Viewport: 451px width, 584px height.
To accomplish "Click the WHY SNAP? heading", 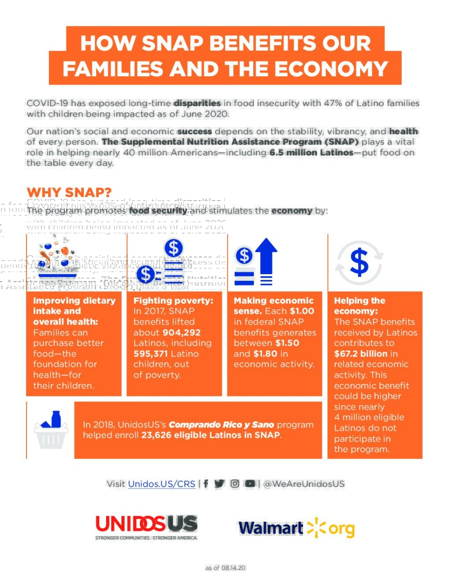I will click(69, 192).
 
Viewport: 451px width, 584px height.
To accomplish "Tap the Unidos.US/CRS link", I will click(162, 484).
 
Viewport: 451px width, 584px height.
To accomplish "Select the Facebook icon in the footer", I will click(206, 484).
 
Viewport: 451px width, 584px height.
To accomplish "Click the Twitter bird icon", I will click(219, 484).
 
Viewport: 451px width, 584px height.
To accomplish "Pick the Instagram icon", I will click(235, 484).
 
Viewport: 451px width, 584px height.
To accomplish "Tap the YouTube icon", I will click(250, 484).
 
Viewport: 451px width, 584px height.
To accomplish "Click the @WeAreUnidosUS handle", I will click(304, 484).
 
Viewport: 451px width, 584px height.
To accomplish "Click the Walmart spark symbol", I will click(316, 528).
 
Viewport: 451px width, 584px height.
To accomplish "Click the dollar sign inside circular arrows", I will click(359, 262).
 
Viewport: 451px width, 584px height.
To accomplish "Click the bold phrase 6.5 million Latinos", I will click(311, 153).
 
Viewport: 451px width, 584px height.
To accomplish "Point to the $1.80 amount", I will click(265, 353).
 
